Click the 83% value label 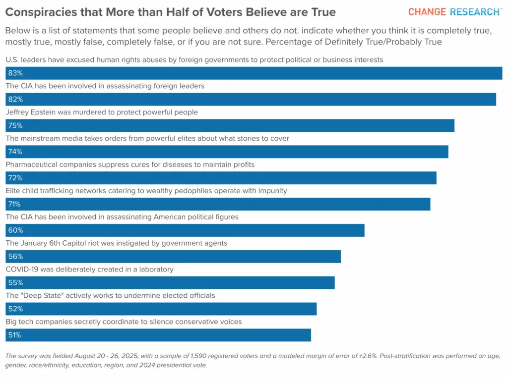tap(15, 73)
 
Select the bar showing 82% tap(251, 100)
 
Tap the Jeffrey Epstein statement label tap(102, 112)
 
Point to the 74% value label tap(15, 152)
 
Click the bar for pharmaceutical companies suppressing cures tap(221, 178)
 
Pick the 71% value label tap(14, 204)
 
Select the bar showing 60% tap(185, 230)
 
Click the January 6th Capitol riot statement tap(116, 243)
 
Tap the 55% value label tap(15, 283)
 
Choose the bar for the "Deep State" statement tap(161, 309)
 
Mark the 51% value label tap(14, 335)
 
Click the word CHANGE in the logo tap(427, 12)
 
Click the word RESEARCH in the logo tap(475, 12)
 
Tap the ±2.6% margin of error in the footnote tap(368, 356)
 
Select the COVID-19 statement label tap(89, 270)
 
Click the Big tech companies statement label tap(124, 322)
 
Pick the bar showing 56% tap(173, 257)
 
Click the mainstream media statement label tap(147, 139)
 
